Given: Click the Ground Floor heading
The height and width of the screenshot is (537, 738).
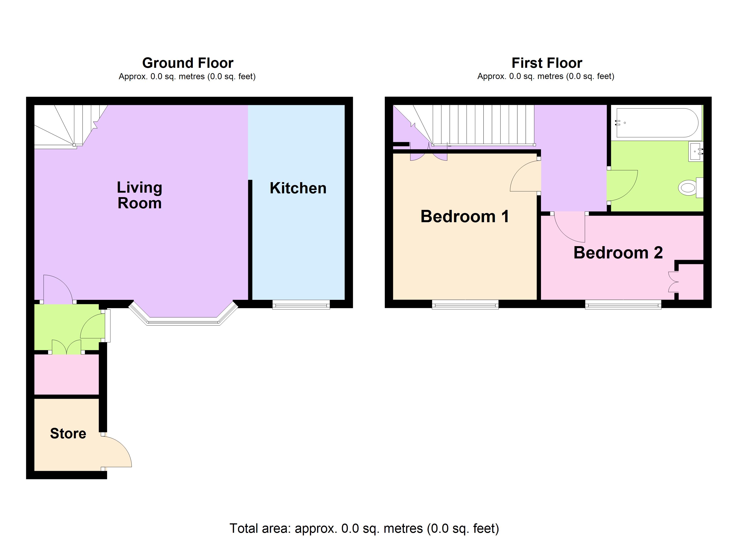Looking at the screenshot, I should [x=188, y=63].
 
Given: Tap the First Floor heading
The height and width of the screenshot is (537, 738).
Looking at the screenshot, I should [x=547, y=63].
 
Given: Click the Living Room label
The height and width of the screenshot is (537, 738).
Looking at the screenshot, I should [x=140, y=195].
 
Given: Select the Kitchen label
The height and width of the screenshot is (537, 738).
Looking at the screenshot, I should [x=298, y=188].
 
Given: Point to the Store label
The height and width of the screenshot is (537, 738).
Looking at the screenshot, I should [x=68, y=433].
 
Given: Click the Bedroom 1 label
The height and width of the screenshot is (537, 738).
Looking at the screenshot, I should [x=465, y=216].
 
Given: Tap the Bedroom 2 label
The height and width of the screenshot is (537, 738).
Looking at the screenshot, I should [x=618, y=253].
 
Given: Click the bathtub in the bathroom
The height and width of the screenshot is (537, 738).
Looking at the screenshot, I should [x=657, y=123].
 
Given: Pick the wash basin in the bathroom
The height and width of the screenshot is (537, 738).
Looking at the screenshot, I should [x=696, y=151].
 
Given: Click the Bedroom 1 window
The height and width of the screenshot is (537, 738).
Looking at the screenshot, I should [x=465, y=305].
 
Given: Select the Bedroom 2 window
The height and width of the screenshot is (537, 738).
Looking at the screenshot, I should [x=623, y=305].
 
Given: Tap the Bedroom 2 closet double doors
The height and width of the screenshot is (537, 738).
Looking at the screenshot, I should [x=673, y=282].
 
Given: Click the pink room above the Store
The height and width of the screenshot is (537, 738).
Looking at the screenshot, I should [x=66, y=375].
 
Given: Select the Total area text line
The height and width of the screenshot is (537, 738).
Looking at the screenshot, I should [x=364, y=528].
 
